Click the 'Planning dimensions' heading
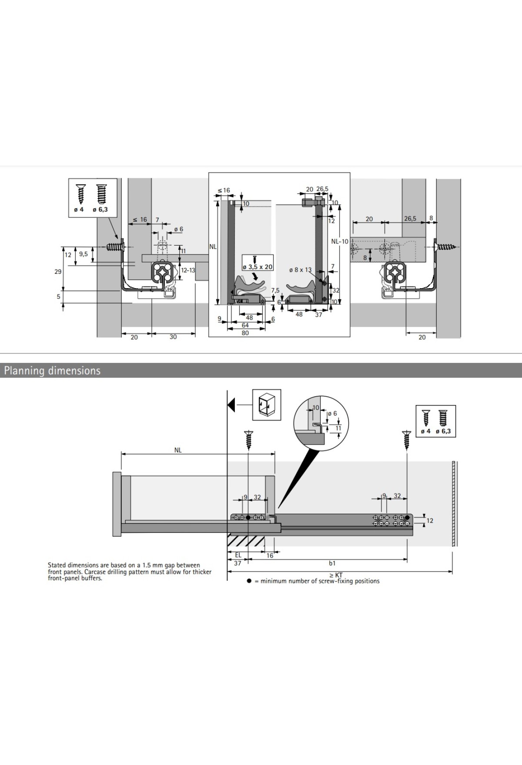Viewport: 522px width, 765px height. click(x=52, y=371)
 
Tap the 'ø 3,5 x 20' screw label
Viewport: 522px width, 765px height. click(x=258, y=267)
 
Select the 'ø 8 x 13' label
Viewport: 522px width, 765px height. click(x=300, y=270)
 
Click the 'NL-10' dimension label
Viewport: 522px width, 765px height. click(x=339, y=242)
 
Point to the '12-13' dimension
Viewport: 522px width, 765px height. click(x=188, y=270)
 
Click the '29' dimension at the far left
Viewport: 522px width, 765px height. click(x=57, y=272)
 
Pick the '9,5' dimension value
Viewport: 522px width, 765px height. click(x=83, y=254)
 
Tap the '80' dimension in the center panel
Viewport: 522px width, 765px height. click(x=245, y=333)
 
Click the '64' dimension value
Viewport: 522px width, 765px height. click(x=245, y=325)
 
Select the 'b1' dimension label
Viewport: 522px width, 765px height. click(x=332, y=563)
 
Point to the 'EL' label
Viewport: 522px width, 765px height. click(x=238, y=555)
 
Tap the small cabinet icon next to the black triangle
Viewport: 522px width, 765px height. click(x=267, y=404)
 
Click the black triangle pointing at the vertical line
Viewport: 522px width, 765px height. click(x=231, y=405)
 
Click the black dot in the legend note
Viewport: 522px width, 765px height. click(x=249, y=581)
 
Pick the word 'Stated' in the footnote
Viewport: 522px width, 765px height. click(x=57, y=565)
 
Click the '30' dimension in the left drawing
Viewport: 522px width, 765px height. click(x=173, y=337)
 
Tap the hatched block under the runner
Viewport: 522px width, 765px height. click(x=246, y=542)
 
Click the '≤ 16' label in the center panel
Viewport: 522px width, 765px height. click(x=224, y=190)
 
